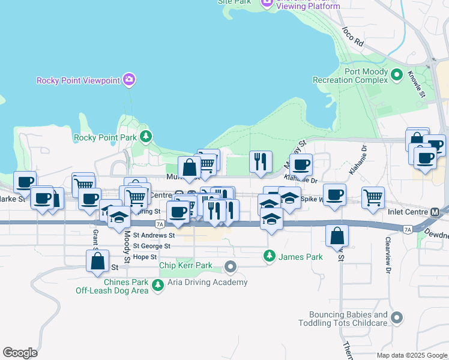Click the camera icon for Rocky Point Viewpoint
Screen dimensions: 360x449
[x=128, y=79]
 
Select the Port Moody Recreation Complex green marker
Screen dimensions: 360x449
[x=396, y=75]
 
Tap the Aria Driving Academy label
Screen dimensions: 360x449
[x=208, y=282]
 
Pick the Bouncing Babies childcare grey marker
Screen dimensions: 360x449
[x=396, y=317]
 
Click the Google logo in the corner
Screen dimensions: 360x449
[x=20, y=352]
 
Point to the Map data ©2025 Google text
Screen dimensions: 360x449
[x=411, y=355]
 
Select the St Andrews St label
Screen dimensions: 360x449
[x=154, y=236]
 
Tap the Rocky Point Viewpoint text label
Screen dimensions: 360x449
[x=78, y=80]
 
